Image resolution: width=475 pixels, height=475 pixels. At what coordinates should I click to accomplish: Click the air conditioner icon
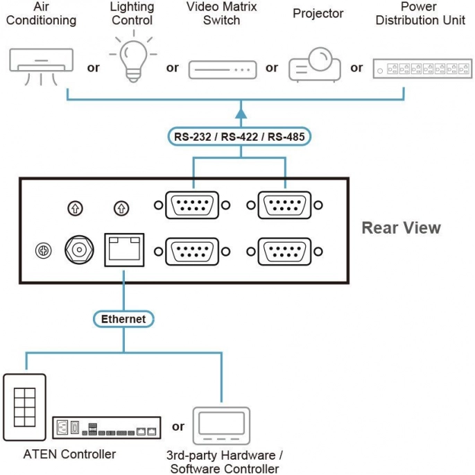tap(41, 67)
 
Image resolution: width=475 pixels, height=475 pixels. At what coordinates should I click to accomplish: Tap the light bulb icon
tap(133, 58)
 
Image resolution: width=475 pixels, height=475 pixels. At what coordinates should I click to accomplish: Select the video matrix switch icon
tap(223, 70)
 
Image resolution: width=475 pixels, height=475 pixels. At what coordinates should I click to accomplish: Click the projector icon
tap(315, 64)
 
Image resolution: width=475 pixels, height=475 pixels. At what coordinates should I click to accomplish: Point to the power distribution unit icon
tap(422, 69)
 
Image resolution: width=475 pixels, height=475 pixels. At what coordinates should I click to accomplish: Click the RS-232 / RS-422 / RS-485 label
tap(239, 137)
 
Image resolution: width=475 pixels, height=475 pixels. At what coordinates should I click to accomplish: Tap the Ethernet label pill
tap(123, 319)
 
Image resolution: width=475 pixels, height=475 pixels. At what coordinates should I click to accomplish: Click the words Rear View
tap(401, 228)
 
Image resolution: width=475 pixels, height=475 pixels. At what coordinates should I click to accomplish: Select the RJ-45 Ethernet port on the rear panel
tap(124, 250)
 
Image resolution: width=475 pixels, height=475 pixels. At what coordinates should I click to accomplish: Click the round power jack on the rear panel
tap(79, 250)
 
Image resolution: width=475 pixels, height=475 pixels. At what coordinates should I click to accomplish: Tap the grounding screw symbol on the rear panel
tap(43, 250)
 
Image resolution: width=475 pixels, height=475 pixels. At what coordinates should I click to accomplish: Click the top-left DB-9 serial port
tap(192, 205)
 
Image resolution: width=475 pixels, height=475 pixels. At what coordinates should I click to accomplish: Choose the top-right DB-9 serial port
tap(284, 205)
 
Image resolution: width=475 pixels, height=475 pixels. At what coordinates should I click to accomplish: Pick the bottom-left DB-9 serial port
tap(192, 252)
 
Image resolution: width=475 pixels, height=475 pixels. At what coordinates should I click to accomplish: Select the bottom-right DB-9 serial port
tap(284, 252)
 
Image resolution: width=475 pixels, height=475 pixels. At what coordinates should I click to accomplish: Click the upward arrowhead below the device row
tap(241, 113)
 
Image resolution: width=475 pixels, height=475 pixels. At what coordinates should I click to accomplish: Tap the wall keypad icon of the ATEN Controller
tap(24, 407)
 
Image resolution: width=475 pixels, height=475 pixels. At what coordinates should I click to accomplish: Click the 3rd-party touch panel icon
tap(221, 425)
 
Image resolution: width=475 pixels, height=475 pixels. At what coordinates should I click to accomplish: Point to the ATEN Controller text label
tap(69, 454)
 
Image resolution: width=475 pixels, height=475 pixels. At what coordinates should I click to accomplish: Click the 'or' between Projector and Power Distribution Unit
tap(356, 67)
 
